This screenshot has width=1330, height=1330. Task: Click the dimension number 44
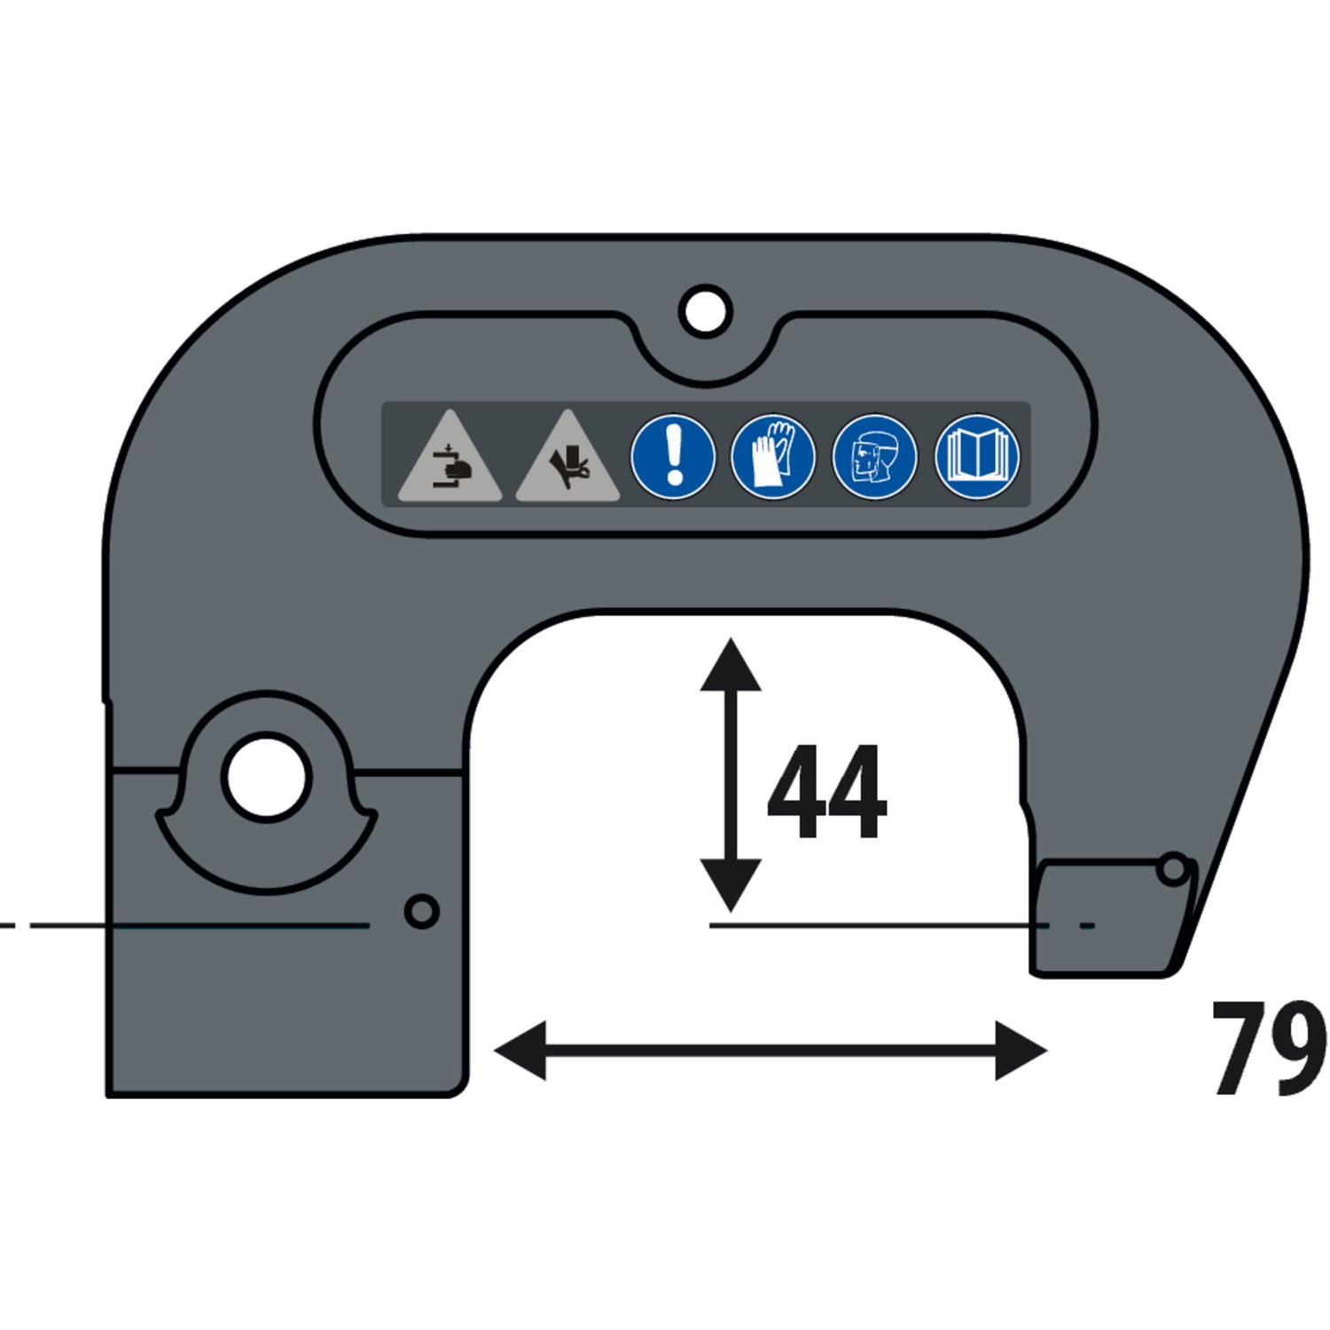tap(826, 791)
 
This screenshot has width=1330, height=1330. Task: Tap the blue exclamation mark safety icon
tap(673, 457)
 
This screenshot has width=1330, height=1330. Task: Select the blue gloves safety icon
tap(773, 457)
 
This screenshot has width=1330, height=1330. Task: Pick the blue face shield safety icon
tap(875, 457)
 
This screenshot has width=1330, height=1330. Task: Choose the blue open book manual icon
tap(977, 457)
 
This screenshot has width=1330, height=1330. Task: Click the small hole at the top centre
tap(706, 310)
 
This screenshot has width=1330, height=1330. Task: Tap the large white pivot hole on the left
tap(266, 776)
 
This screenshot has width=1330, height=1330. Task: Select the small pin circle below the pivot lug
tap(421, 911)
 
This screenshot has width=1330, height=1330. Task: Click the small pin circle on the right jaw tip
tap(1173, 869)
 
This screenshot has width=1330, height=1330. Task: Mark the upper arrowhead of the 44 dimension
tap(731, 665)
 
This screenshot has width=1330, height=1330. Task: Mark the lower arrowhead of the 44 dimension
tap(731, 885)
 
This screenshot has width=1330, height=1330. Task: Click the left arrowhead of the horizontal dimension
tap(520, 1051)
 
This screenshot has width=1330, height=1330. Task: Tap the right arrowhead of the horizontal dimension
tap(1021, 1051)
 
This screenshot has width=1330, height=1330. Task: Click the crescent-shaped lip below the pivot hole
tap(266, 864)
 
